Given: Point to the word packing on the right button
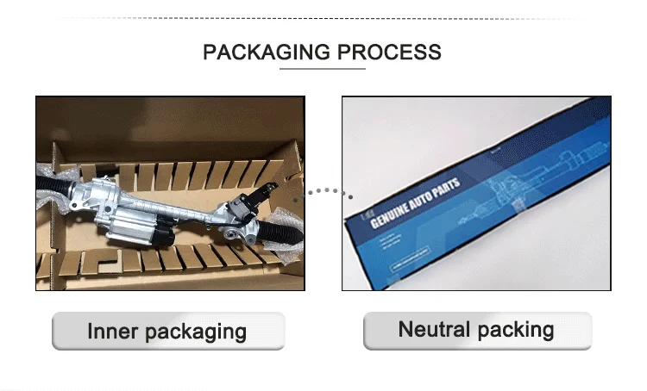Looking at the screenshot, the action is point(514,330).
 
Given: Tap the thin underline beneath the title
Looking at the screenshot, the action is point(322,69).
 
